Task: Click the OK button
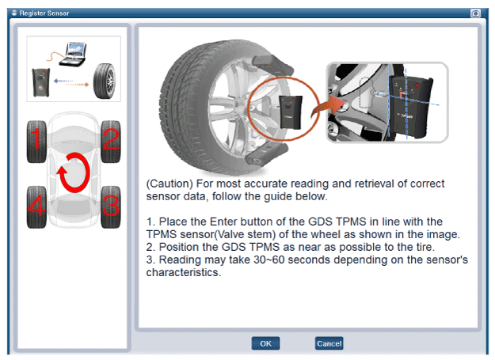[x=265, y=343]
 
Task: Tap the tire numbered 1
[x=36, y=142]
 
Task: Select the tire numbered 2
[x=111, y=142]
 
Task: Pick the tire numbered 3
[x=111, y=207]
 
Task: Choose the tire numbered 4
[x=36, y=207]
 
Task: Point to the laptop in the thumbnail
[x=73, y=55]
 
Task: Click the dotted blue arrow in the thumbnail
[x=63, y=81]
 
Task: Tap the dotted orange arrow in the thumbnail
[x=78, y=85]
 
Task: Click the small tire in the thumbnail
[x=105, y=81]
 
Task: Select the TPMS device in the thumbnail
[x=41, y=82]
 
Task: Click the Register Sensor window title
[x=44, y=13]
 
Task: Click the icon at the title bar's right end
[x=475, y=13]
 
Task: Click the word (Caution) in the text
[x=169, y=184]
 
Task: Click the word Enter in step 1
[x=223, y=222]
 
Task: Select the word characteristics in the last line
[x=184, y=272]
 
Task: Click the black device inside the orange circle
[x=291, y=112]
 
